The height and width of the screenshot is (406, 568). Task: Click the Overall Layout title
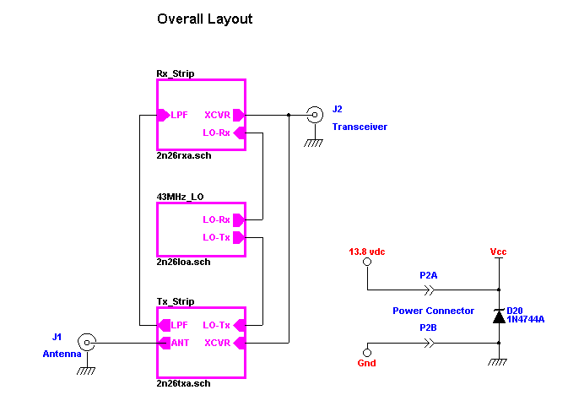pos(204,19)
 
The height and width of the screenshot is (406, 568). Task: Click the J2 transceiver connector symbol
pos(315,115)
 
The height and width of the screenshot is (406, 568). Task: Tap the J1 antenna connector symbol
pos(86,342)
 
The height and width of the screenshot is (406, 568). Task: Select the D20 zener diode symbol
pos(499,315)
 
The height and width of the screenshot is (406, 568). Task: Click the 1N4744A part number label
pos(525,319)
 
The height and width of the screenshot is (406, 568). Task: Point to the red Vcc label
pos(498,252)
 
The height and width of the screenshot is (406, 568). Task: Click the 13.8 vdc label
pos(366,252)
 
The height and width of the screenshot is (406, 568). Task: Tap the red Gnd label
pos(366,363)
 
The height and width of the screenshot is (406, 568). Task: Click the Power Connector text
pos(433,311)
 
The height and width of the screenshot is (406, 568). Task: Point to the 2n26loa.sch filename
pos(184,262)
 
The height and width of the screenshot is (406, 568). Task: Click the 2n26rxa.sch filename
pos(184,156)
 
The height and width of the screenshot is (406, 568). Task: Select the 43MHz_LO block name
pos(181,197)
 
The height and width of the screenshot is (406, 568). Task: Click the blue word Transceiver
pos(360,127)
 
